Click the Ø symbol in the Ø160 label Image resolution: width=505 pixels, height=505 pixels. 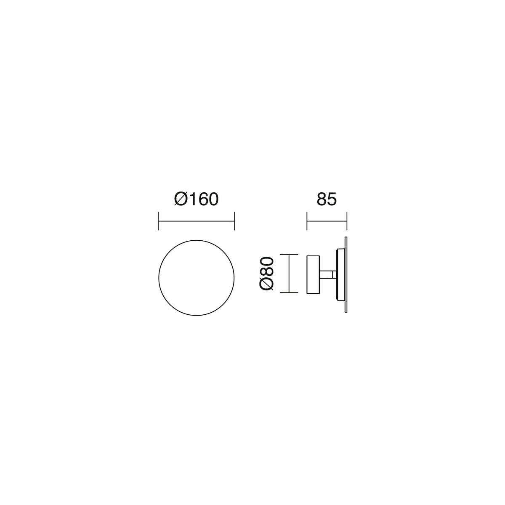tap(181, 199)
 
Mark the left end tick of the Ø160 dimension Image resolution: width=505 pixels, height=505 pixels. tap(158, 221)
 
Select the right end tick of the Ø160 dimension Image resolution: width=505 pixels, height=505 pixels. tap(234, 221)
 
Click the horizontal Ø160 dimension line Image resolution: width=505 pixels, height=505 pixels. tap(196, 221)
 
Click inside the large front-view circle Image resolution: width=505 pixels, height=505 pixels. tap(196, 278)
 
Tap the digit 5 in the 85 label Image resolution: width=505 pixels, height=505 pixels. tap(332, 199)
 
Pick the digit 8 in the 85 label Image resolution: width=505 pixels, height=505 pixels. tap(322, 199)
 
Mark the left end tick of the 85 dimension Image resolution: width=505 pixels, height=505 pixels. tap(307, 221)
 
